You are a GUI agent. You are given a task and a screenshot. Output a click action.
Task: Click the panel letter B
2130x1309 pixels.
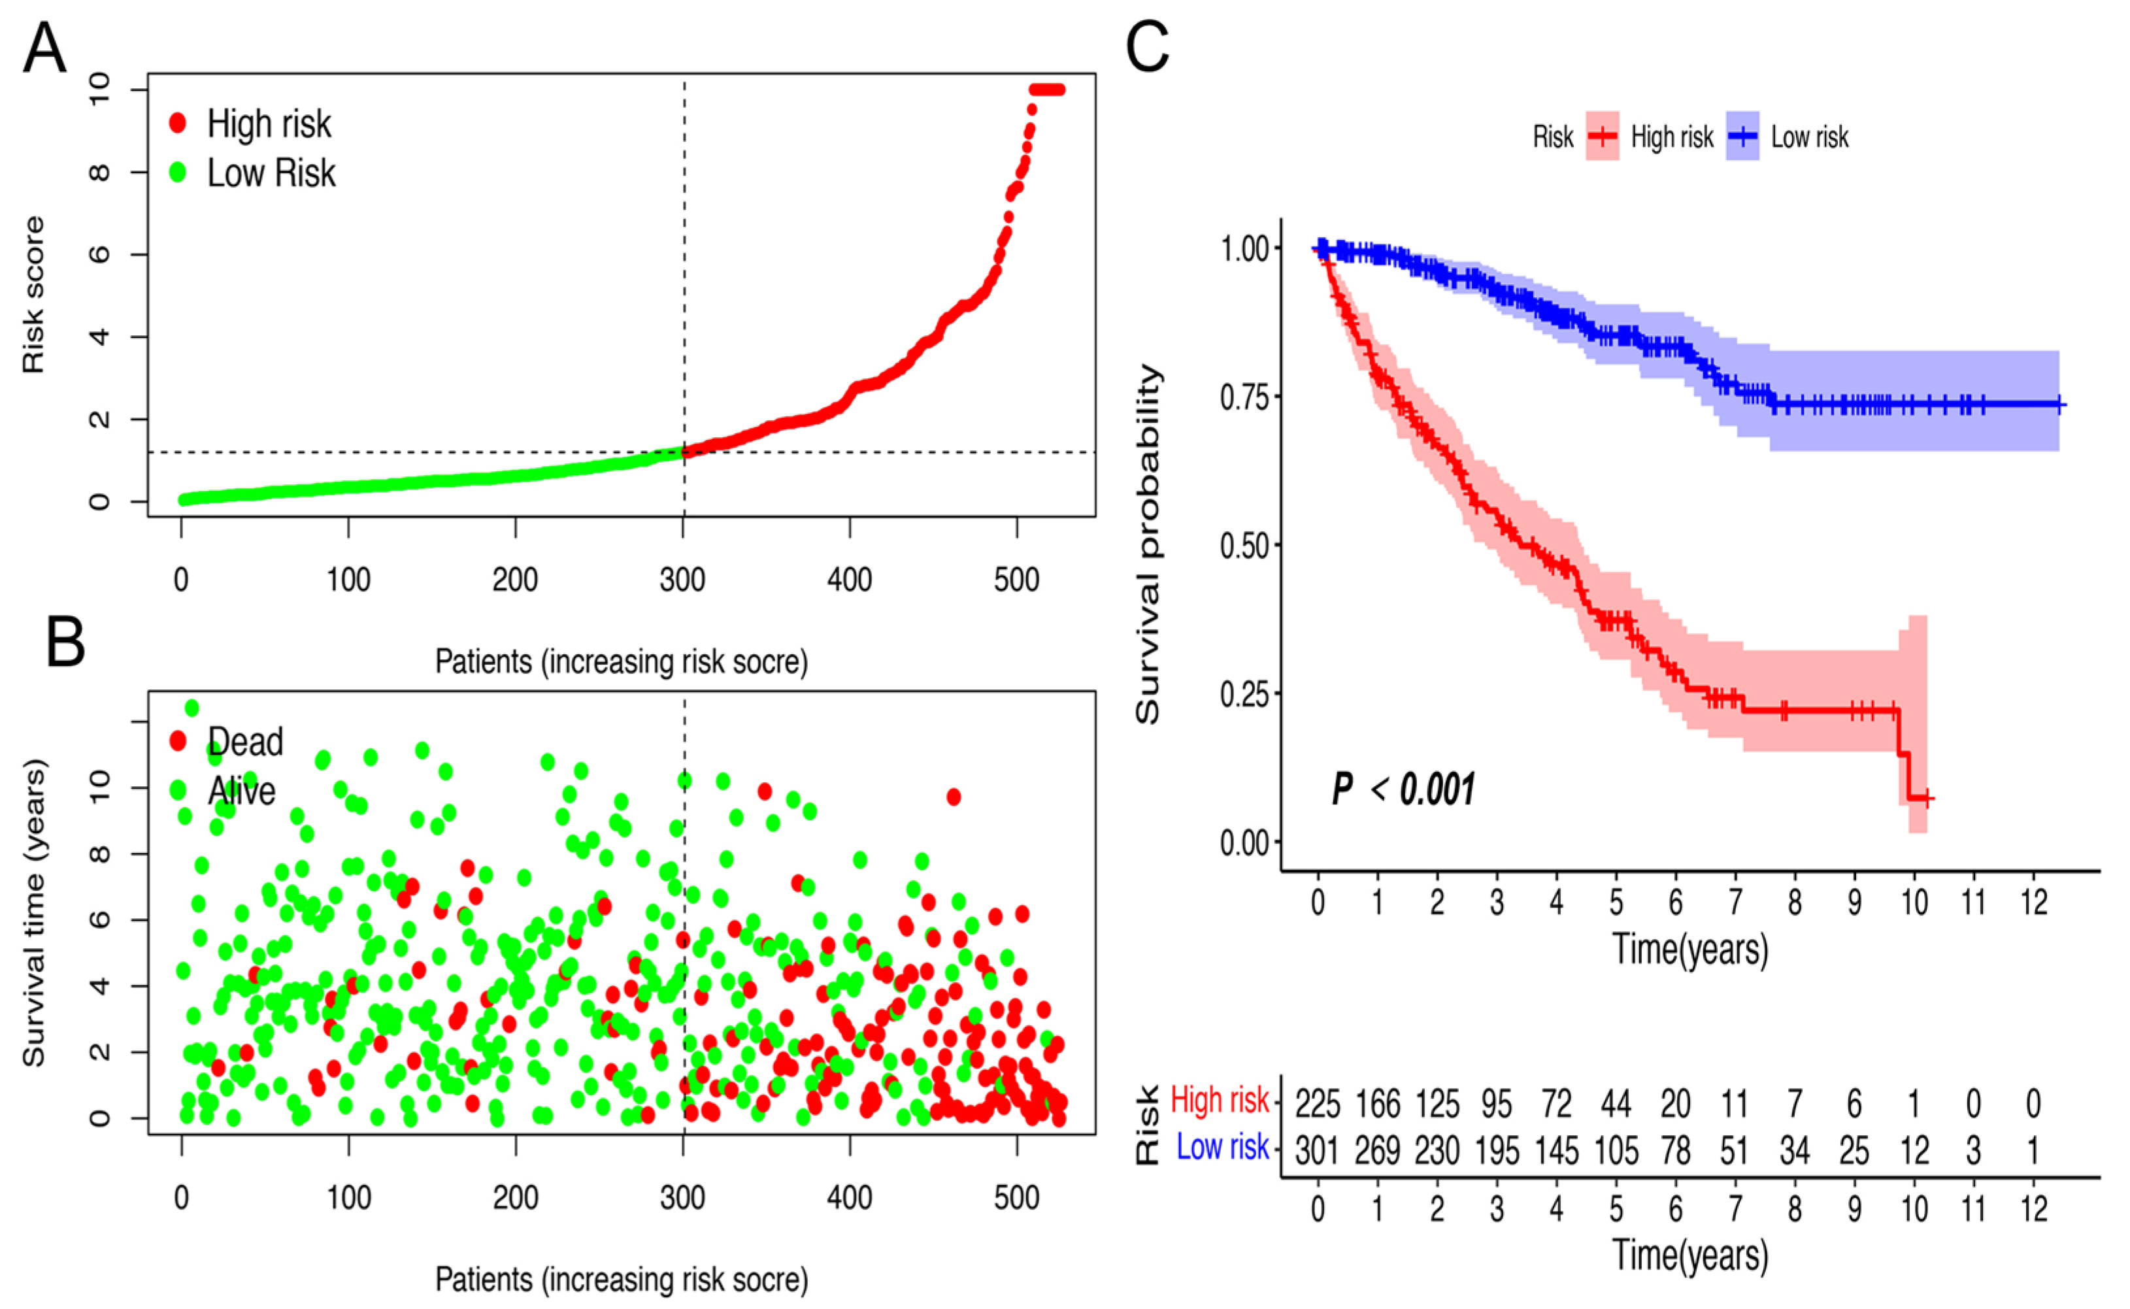(66, 642)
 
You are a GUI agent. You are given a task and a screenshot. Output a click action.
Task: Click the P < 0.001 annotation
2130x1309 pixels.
(1403, 789)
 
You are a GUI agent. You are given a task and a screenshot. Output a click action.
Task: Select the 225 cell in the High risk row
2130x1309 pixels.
(1317, 1104)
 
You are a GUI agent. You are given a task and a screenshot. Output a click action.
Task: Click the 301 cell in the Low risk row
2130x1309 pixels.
(1317, 1152)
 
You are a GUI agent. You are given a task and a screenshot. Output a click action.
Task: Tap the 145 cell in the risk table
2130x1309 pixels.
(1557, 1152)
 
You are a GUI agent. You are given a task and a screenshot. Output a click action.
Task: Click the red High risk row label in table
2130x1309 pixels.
(1219, 1101)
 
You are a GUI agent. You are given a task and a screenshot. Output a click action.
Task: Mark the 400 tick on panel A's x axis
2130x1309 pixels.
(850, 579)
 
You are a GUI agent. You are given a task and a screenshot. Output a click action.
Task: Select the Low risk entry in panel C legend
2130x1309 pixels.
(1809, 137)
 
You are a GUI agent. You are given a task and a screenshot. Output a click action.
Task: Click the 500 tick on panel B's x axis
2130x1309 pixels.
(1016, 1197)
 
